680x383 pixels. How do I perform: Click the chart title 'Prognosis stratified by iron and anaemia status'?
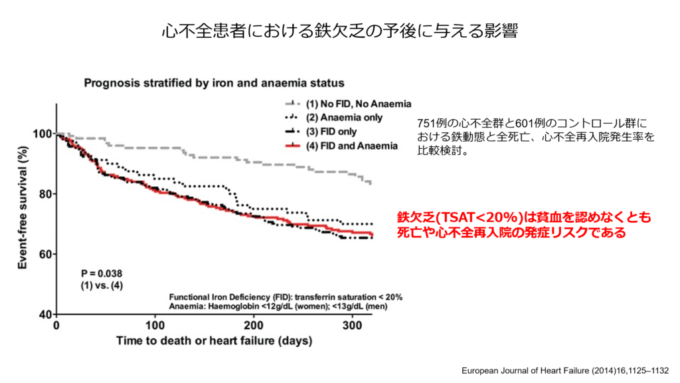click(214, 83)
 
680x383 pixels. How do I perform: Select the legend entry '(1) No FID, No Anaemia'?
click(359, 104)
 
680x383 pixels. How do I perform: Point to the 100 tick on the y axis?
click(41, 134)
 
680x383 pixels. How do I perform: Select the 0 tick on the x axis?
click(56, 326)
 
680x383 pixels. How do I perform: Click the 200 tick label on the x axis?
click(253, 326)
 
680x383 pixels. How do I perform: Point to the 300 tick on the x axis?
click(351, 326)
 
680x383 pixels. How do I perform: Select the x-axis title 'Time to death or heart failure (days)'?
click(214, 341)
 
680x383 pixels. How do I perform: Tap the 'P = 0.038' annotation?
click(102, 273)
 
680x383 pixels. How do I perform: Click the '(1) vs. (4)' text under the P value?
click(102, 285)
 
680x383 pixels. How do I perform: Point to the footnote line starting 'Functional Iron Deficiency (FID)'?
click(286, 297)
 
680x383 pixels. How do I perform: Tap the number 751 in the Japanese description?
click(425, 123)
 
